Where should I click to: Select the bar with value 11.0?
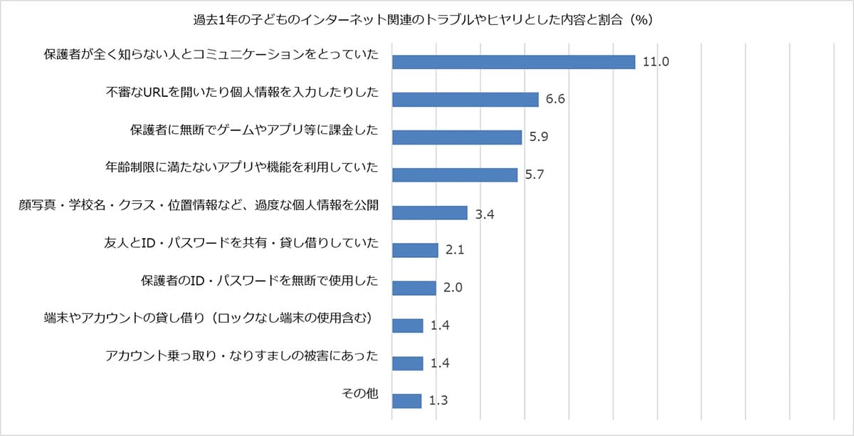click(x=513, y=62)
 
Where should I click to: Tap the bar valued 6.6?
click(x=465, y=100)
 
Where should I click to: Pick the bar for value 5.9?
click(x=457, y=137)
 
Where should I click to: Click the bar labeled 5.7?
click(x=455, y=175)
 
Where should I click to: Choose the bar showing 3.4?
click(x=430, y=213)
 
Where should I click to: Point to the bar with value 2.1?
click(x=415, y=250)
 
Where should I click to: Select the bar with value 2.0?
click(x=414, y=288)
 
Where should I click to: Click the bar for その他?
click(x=406, y=401)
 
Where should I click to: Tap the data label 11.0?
click(x=655, y=62)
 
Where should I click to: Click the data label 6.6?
click(x=555, y=100)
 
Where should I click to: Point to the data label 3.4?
click(x=485, y=213)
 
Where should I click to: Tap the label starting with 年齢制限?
click(x=241, y=168)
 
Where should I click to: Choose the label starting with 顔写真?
click(x=199, y=206)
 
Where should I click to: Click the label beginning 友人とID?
click(x=241, y=244)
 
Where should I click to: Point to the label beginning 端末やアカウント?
click(x=209, y=318)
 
